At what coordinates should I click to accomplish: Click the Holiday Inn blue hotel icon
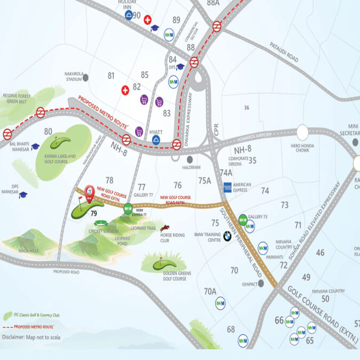[129, 15]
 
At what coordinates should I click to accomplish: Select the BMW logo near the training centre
[227, 236]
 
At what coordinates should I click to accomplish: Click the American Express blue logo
[228, 187]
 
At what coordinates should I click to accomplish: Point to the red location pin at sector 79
[89, 193]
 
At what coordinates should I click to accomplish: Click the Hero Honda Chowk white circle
[302, 132]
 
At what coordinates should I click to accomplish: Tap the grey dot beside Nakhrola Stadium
[86, 77]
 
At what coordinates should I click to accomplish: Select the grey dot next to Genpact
[261, 283]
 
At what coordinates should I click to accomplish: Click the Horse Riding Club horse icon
[164, 228]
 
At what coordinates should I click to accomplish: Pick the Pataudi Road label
[284, 52]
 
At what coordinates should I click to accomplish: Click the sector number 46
[320, 252]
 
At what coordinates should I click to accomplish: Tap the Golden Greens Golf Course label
[177, 276]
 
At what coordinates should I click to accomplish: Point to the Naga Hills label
[29, 251]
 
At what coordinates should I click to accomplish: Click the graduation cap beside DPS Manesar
[23, 195]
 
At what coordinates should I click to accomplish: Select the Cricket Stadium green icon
[101, 223]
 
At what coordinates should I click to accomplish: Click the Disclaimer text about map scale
[31, 337]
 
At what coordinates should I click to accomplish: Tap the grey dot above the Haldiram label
[190, 159]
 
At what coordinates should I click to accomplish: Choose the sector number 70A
[210, 291]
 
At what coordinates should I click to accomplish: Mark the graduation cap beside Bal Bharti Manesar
[35, 146]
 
